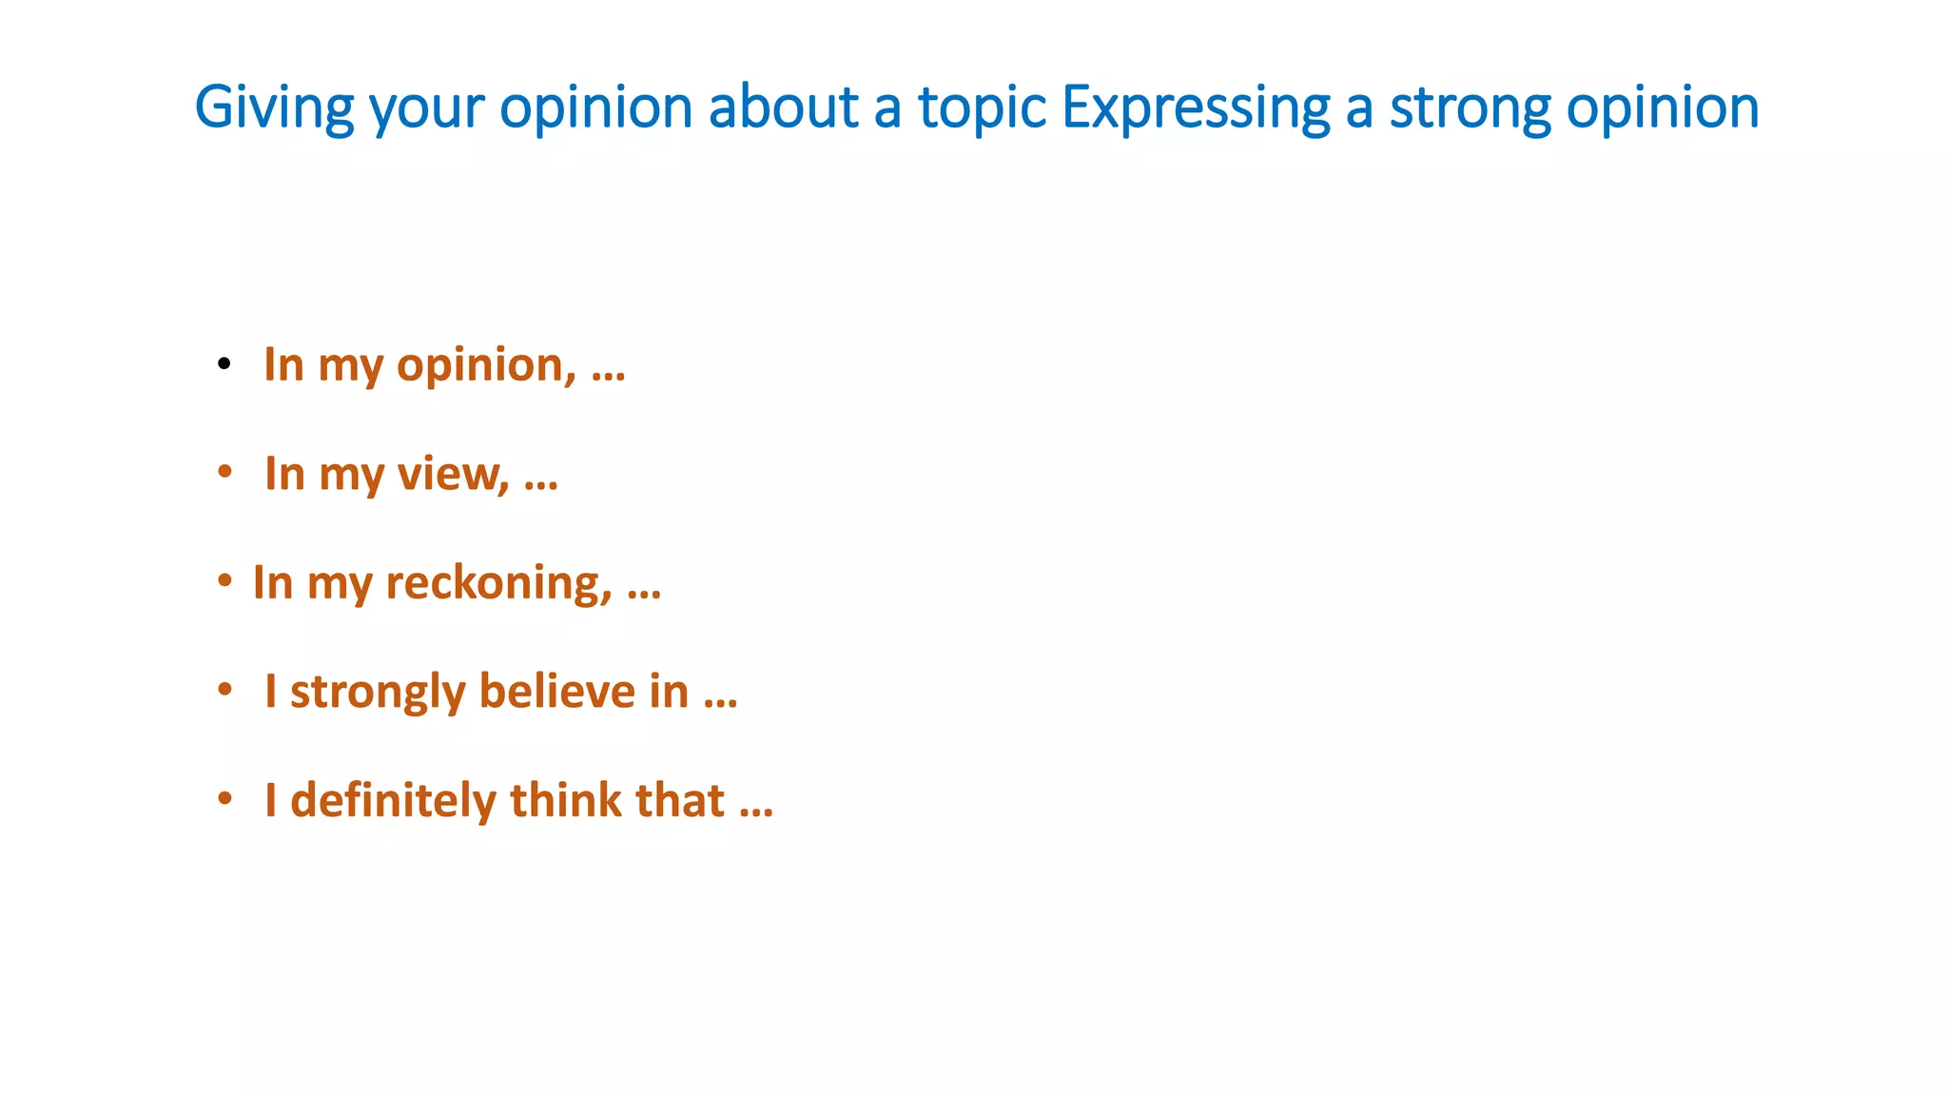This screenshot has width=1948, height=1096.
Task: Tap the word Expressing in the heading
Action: click(1196, 107)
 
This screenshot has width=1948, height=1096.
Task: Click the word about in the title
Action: click(784, 107)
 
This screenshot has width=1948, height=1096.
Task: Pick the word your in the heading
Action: click(427, 107)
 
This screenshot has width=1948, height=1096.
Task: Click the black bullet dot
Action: click(224, 363)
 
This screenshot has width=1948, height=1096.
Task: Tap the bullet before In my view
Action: click(224, 472)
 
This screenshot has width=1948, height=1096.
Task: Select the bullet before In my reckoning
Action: click(224, 580)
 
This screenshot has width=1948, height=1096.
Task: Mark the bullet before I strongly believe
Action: click(224, 689)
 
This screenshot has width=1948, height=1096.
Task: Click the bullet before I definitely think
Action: click(224, 798)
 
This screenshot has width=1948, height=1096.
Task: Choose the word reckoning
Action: click(498, 583)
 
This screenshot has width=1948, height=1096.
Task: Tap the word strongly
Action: click(378, 692)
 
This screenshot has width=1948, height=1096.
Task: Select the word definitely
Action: click(393, 800)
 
